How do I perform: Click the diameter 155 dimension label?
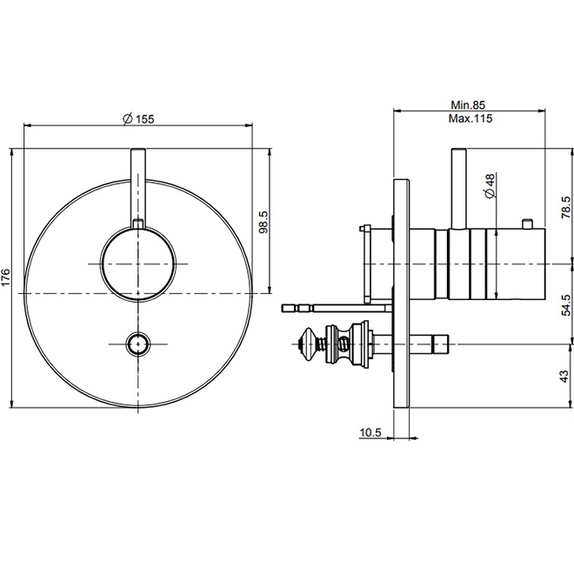(139, 119)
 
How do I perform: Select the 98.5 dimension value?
(264, 223)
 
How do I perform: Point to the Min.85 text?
(471, 104)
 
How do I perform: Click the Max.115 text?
(471, 119)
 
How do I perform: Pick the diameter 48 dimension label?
(490, 184)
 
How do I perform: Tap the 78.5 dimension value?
(565, 207)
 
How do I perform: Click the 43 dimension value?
(565, 377)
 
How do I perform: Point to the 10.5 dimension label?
(370, 431)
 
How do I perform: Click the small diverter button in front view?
(139, 344)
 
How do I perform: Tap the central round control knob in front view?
(139, 263)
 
